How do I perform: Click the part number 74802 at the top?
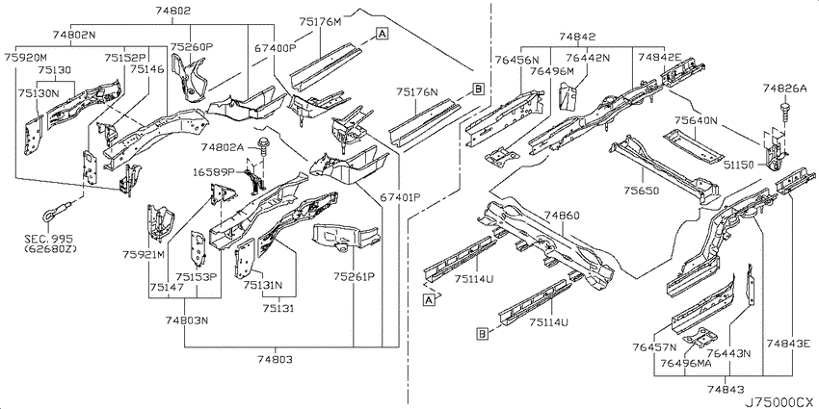tap(172, 11)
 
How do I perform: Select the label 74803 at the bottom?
tap(275, 360)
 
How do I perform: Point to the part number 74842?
tap(577, 37)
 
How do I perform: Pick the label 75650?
tap(642, 191)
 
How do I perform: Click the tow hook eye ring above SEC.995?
tap(49, 214)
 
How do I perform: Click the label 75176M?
tap(320, 22)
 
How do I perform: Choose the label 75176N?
tap(417, 92)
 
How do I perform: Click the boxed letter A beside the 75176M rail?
tap(383, 35)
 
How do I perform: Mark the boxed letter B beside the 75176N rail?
tap(478, 89)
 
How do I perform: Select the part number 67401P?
tap(400, 197)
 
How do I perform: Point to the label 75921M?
tap(144, 255)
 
